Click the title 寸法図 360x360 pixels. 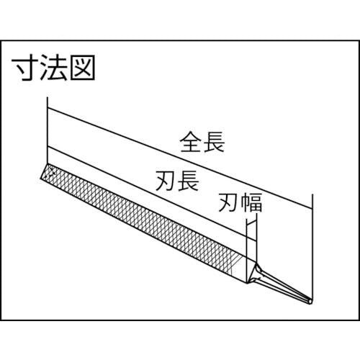pyautogui.click(x=53, y=68)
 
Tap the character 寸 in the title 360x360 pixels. pyautogui.click(x=24, y=68)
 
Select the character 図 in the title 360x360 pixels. pyautogui.click(x=82, y=68)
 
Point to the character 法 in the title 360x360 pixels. pyautogui.click(x=53, y=68)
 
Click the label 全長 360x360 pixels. pyautogui.click(x=202, y=142)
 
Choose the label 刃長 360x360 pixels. pyautogui.click(x=177, y=181)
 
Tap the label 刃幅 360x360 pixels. pyautogui.click(x=240, y=203)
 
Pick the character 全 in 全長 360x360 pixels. pyautogui.click(x=191, y=142)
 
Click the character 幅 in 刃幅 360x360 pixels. pyautogui.click(x=251, y=203)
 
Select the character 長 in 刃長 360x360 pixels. pyautogui.click(x=189, y=181)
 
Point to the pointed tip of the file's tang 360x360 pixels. pyautogui.click(x=310, y=302)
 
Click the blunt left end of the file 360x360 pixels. pyautogui.click(x=44, y=171)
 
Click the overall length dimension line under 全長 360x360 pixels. pyautogui.click(x=180, y=158)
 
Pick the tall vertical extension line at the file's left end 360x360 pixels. pyautogui.click(x=48, y=131)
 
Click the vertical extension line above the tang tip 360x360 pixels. pyautogui.click(x=312, y=247)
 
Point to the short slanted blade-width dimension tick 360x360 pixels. pyautogui.click(x=252, y=224)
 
